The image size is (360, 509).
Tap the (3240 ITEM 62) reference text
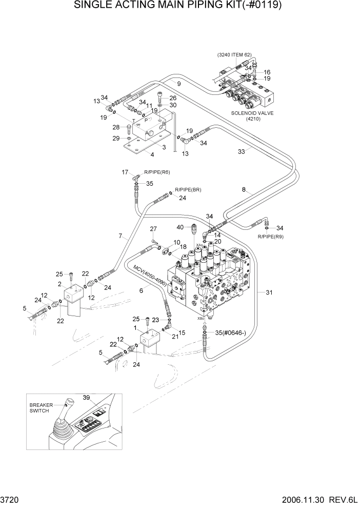pyautogui.click(x=234, y=54)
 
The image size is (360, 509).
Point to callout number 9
pyautogui.click(x=179, y=84)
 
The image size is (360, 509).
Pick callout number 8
pyautogui.click(x=244, y=190)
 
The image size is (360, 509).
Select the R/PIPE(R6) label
pyautogui.click(x=157, y=172)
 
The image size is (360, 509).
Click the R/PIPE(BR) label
pyautogui.click(x=188, y=190)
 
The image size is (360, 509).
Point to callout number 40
pyautogui.click(x=180, y=227)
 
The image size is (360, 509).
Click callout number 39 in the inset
pyautogui.click(x=86, y=398)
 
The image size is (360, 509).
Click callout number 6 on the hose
pyautogui.click(x=141, y=290)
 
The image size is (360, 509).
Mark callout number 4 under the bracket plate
pyautogui.click(x=152, y=154)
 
